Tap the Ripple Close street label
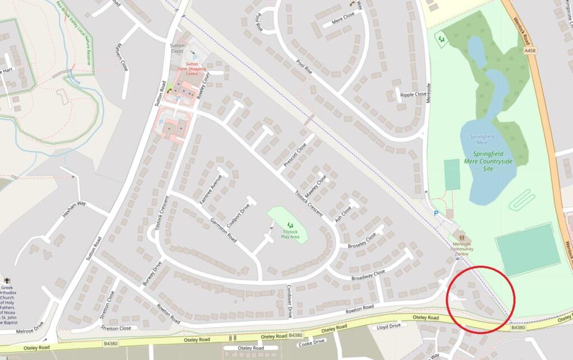point(414,95)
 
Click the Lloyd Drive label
point(389,326)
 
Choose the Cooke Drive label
point(312,342)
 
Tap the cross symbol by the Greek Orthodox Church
point(7,280)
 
